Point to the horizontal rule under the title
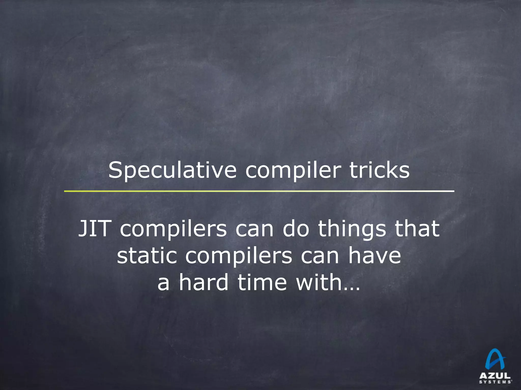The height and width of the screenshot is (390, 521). pyautogui.click(x=259, y=191)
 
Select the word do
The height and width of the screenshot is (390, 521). pyautogui.click(x=296, y=229)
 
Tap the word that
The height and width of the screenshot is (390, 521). pyautogui.click(x=417, y=229)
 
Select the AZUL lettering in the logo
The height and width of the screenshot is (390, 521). pyautogui.click(x=495, y=376)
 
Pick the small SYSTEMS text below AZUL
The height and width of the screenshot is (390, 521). pyautogui.click(x=495, y=382)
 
